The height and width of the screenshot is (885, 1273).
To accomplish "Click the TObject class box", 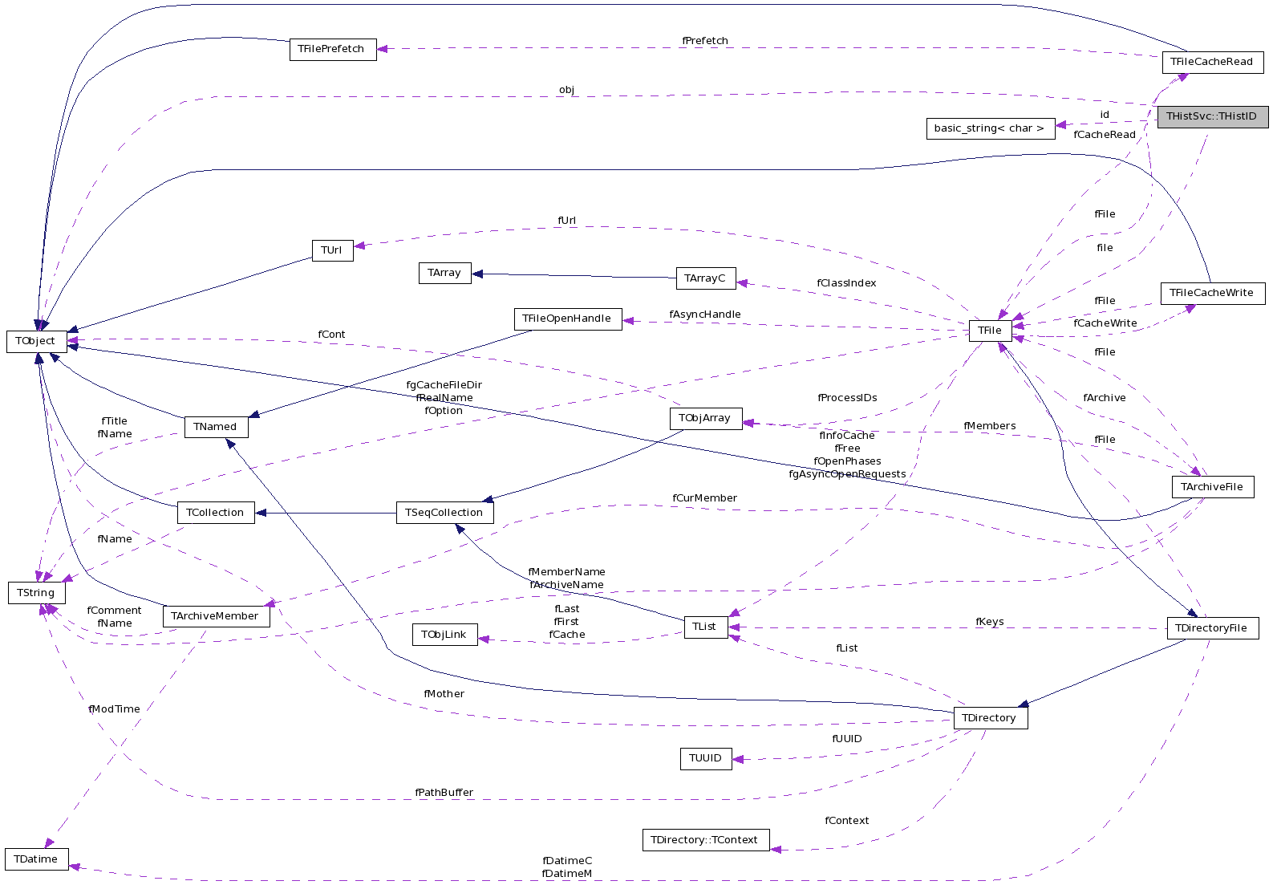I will [36, 341].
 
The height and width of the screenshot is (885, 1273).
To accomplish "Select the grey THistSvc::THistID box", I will [1211, 116].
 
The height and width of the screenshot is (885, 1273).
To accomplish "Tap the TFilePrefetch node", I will [332, 49].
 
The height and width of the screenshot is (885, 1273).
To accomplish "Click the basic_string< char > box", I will [990, 128].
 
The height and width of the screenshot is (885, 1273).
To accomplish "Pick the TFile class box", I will [989, 331].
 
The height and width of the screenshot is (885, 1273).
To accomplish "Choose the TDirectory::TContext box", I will [705, 840].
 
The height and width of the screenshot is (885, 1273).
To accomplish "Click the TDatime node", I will [36, 859].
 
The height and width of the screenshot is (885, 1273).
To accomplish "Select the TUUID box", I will [705, 758].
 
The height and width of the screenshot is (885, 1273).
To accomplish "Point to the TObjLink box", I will [444, 635].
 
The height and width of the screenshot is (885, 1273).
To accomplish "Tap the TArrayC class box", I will [705, 278].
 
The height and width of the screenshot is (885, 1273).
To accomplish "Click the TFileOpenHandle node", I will [567, 319].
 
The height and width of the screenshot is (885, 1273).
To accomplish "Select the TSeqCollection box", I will [444, 513].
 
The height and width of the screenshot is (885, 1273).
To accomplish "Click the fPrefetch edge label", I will [705, 41].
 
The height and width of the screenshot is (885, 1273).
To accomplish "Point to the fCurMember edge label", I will [705, 498].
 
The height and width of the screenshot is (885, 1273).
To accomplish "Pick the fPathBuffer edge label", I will [444, 793].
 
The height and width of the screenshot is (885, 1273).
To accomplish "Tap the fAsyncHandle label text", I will [705, 315].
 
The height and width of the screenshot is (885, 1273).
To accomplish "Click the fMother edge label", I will [444, 694].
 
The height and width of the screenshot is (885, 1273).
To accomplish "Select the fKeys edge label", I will [989, 622].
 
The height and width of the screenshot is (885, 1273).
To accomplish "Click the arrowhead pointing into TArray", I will [477, 274].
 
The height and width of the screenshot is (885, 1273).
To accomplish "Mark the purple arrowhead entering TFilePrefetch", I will [383, 49].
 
